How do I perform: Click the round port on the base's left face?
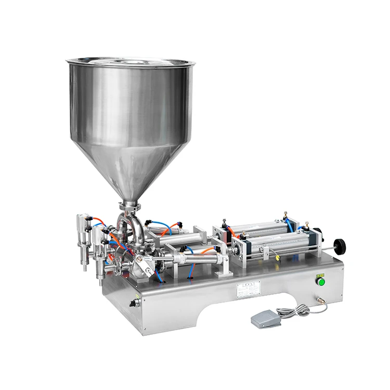click(137, 302)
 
